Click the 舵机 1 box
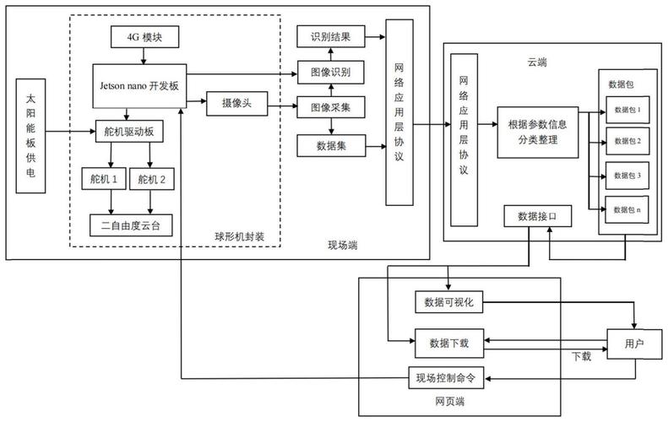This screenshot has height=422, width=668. click(103, 178)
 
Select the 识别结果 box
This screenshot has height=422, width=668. click(330, 36)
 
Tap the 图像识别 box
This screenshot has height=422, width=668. click(330, 73)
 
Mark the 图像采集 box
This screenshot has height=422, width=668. click(330, 107)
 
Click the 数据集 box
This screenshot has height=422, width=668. click(330, 145)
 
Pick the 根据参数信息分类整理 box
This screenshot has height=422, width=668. click(538, 132)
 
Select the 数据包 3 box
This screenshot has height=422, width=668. click(627, 175)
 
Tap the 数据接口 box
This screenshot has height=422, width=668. click(538, 217)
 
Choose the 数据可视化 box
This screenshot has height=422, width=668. click(448, 301)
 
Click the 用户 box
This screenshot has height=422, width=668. click(633, 343)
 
